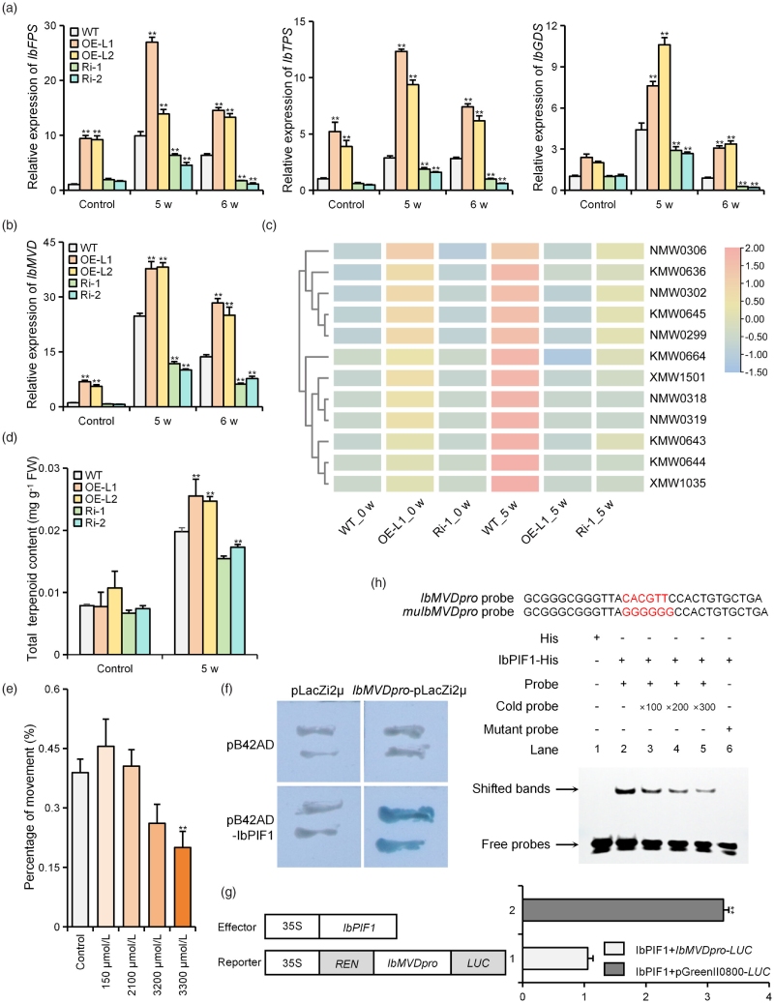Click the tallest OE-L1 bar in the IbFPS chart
coord(152,116)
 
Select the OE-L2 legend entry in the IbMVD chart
coord(90,271)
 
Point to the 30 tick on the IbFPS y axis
coord(50,25)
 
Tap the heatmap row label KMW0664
coord(677,356)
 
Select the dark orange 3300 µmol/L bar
coord(182,887)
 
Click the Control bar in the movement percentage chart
coord(80,849)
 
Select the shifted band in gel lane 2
coord(623,791)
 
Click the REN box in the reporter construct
coord(345,962)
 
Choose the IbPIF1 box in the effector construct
coord(358,927)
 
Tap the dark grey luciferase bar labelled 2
coord(623,909)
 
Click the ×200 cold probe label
coord(677,707)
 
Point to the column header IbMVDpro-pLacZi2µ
coord(409,691)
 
